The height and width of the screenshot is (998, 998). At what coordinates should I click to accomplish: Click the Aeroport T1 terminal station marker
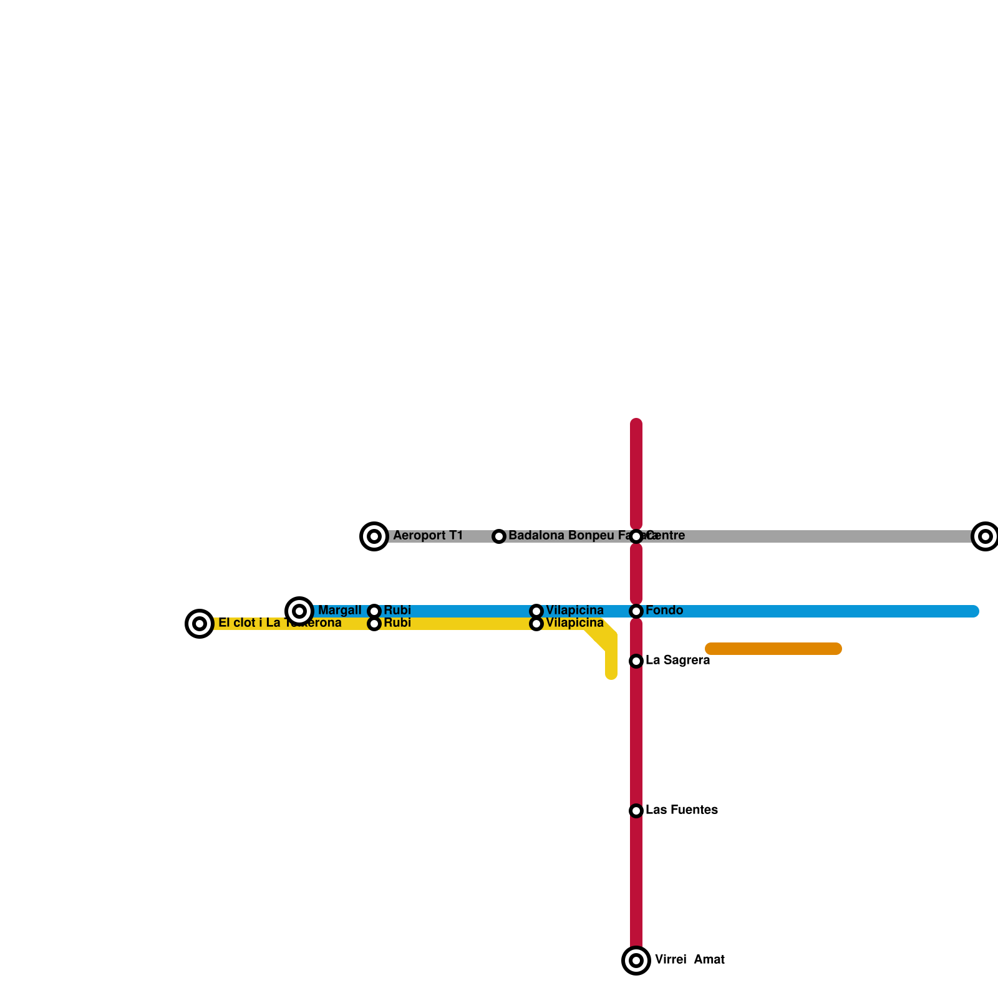374,536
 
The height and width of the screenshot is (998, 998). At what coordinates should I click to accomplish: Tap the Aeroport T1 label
428,536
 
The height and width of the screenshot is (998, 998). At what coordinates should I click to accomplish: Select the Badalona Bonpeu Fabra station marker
499,536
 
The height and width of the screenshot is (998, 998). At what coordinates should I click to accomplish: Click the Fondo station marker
636,611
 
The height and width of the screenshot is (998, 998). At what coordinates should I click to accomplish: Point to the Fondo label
664,611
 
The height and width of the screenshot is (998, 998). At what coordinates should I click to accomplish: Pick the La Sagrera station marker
636,661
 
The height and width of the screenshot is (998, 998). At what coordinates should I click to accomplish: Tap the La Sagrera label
677,661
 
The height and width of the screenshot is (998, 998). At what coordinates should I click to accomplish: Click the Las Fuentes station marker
636,811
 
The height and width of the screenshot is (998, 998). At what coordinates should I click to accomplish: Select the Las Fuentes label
681,810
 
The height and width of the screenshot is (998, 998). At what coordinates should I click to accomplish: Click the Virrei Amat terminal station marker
636,961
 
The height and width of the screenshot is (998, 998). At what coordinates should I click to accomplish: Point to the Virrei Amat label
689,960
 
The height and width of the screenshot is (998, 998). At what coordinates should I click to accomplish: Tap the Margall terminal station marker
299,611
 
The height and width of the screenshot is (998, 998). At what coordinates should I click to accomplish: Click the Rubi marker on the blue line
374,611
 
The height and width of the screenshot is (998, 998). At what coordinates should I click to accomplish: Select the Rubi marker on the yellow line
374,624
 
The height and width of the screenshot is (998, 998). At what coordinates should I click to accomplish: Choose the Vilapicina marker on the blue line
536,611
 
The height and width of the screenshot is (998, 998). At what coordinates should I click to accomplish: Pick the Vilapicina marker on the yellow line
536,624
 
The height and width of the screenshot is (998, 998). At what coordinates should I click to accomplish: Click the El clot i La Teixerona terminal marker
200,624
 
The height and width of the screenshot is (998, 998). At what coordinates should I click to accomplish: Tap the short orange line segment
773,649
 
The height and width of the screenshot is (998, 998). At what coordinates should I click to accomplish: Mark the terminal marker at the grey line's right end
986,536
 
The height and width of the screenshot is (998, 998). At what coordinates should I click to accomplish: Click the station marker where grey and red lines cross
636,536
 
